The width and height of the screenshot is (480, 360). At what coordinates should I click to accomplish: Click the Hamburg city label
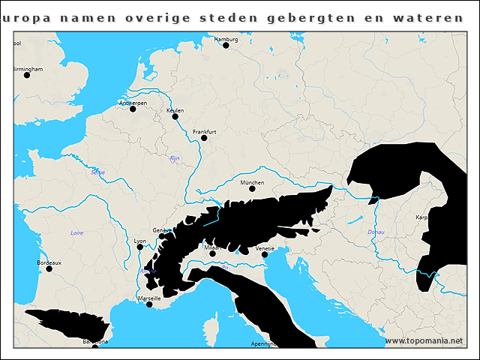pyautogui.click(x=226, y=38)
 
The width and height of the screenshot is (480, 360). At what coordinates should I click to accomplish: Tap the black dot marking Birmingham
pyautogui.click(x=27, y=75)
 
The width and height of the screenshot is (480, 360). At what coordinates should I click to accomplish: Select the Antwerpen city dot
pyautogui.click(x=133, y=109)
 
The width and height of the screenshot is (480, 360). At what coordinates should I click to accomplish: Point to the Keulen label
pyautogui.click(x=175, y=110)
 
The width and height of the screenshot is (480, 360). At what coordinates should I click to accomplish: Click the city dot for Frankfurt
pyautogui.click(x=204, y=137)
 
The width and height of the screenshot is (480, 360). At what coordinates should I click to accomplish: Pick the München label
pyautogui.click(x=252, y=182)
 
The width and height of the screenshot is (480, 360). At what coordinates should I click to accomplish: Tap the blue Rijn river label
pyautogui.click(x=175, y=158)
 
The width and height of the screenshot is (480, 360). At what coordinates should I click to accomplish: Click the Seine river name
pyautogui.click(x=97, y=172)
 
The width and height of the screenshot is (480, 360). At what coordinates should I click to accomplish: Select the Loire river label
pyautogui.click(x=76, y=233)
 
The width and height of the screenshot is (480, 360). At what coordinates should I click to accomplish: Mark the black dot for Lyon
pyautogui.click(x=140, y=247)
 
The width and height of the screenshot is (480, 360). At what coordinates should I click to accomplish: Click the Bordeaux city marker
pyautogui.click(x=49, y=268)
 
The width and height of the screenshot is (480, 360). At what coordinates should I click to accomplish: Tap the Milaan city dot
pyautogui.click(x=213, y=253)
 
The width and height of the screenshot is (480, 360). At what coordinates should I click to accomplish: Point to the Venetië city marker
pyautogui.click(x=265, y=254)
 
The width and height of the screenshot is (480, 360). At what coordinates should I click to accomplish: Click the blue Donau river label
pyautogui.click(x=376, y=232)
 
